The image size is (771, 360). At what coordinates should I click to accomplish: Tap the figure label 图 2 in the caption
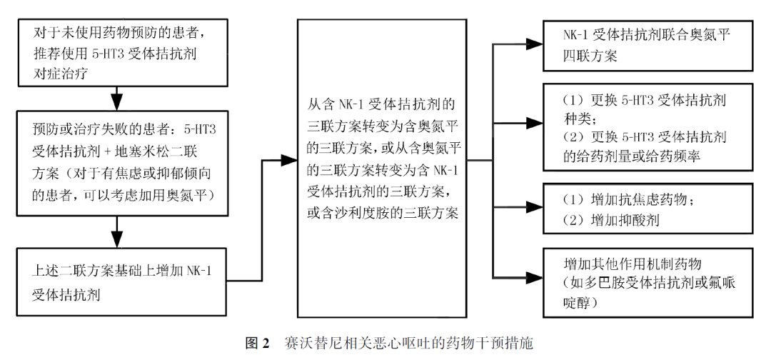pos(256,344)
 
